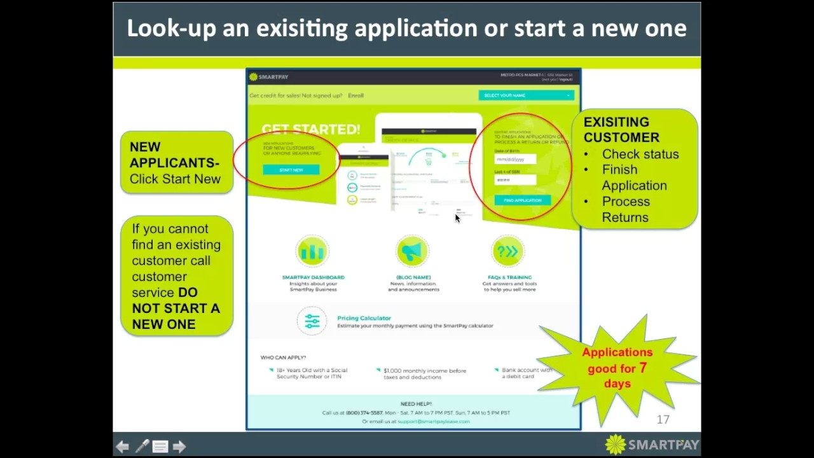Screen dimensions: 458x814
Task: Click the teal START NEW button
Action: [291, 170]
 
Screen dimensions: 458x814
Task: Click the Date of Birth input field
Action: [515, 159]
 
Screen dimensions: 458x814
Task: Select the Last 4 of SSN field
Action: [515, 180]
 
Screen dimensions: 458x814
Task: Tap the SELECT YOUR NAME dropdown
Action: [526, 95]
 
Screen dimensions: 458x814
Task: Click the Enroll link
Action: [355, 95]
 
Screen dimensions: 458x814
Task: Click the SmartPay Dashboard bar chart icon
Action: [312, 252]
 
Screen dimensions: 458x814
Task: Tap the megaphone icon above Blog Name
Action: [413, 252]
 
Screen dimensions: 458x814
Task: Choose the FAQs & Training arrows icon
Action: [507, 252]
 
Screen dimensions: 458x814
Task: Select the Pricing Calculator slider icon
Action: [312, 321]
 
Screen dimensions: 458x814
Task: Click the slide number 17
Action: [663, 420]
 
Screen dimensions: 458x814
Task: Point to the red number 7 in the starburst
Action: [643, 368]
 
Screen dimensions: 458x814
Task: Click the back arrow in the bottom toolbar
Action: [123, 447]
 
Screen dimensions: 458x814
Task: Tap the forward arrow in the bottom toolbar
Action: [179, 447]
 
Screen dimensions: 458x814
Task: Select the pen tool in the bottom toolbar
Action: [142, 447]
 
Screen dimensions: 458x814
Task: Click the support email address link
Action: [433, 421]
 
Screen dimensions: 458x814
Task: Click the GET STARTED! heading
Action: [310, 129]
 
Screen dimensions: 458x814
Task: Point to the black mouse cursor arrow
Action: [457, 218]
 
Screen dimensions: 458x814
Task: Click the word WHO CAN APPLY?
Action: [283, 357]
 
